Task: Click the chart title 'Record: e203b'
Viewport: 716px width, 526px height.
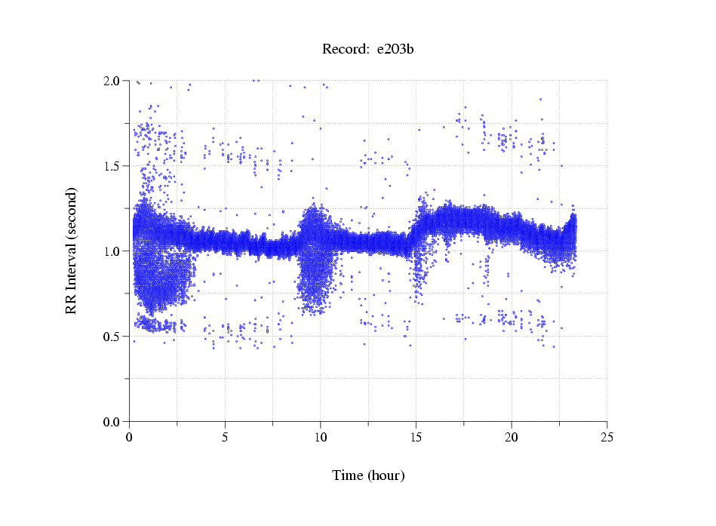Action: [368, 50]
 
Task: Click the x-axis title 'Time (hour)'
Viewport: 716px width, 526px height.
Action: [368, 475]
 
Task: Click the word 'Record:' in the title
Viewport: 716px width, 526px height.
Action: [346, 50]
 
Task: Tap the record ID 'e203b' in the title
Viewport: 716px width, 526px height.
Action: [395, 50]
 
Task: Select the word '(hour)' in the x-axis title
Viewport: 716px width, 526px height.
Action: [386, 475]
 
